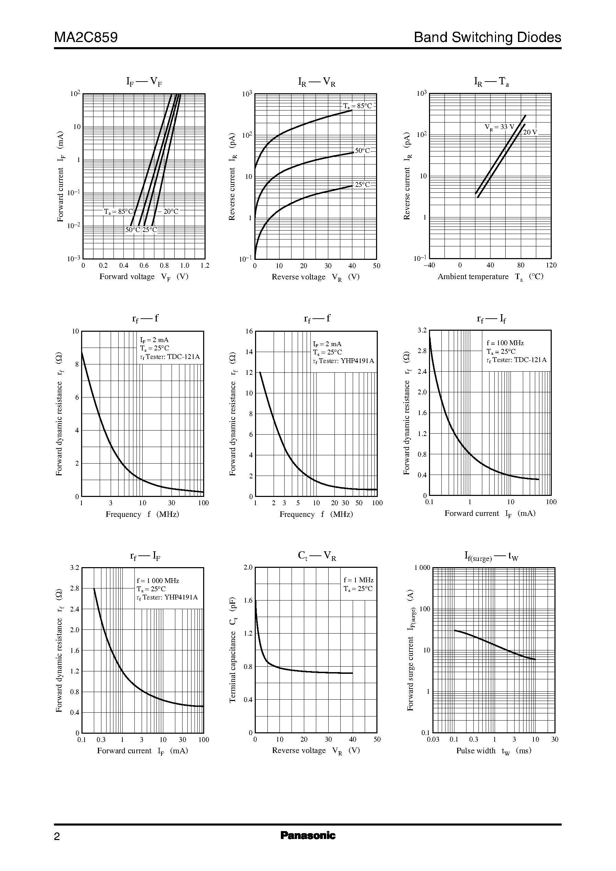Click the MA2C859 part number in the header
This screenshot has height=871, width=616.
(86, 37)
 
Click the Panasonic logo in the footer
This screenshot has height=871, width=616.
(308, 835)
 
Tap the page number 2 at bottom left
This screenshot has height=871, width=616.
(57, 837)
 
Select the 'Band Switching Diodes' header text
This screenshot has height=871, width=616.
(487, 37)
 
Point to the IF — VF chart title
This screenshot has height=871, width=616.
(144, 81)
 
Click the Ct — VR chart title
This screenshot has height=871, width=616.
(317, 556)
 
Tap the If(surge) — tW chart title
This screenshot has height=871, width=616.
(491, 556)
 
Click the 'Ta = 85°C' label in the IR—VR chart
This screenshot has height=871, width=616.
(358, 106)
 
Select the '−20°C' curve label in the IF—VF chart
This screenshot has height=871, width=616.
(168, 212)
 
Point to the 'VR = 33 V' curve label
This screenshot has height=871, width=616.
(499, 127)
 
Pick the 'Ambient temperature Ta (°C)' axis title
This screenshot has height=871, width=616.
(491, 277)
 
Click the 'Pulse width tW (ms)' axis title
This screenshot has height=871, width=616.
(494, 751)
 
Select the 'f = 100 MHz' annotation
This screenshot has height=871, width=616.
(505, 343)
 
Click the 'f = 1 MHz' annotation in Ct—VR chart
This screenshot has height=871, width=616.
(359, 580)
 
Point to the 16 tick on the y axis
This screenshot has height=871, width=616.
(249, 331)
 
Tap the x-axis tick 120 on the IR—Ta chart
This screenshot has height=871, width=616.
(551, 265)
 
